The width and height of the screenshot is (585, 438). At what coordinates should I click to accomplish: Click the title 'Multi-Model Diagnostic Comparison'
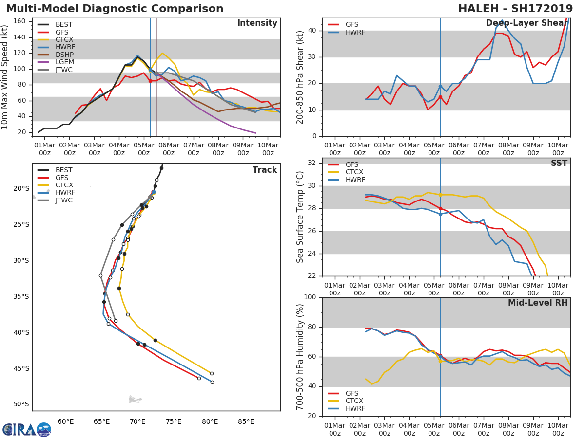[115, 9]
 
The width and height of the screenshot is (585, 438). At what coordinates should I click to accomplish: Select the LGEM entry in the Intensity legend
[64, 62]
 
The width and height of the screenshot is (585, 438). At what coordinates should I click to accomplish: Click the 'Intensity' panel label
[257, 23]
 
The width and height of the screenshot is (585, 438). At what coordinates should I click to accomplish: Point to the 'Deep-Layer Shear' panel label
[526, 23]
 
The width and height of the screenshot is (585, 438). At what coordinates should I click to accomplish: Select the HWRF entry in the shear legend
[355, 32]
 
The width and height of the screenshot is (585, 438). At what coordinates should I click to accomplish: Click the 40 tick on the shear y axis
[312, 31]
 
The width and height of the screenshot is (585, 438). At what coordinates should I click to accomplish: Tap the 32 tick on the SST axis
[312, 163]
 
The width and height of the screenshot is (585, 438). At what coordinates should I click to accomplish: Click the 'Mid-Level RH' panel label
[538, 303]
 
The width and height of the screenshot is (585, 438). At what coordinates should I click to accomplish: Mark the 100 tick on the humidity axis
[310, 297]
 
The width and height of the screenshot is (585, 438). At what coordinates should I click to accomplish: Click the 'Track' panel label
[264, 170]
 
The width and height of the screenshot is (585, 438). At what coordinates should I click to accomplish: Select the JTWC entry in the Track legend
[64, 200]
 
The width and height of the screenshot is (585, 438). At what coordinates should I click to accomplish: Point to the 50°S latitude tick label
[21, 404]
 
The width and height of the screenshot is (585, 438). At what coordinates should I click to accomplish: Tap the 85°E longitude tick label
[246, 421]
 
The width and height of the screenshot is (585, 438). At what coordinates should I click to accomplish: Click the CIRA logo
[27, 429]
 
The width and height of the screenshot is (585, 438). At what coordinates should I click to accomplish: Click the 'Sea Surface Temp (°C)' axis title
[300, 217]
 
